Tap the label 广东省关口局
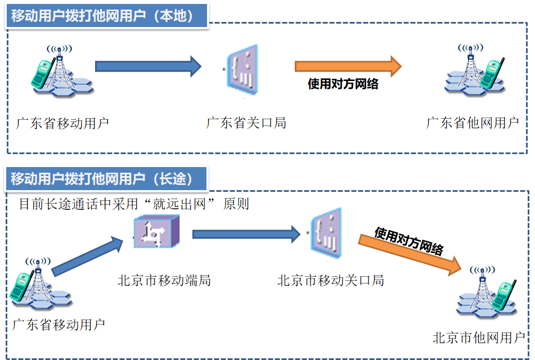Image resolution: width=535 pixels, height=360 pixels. click(246, 123)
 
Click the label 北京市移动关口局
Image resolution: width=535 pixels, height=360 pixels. click(331, 280)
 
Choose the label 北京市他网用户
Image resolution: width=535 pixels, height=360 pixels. click(479, 337)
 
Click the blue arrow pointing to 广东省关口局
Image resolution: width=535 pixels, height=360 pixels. click(147, 66)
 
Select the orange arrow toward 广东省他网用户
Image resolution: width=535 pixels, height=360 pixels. click(348, 66)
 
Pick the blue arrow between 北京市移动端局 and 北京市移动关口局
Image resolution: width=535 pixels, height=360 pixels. click(246, 233)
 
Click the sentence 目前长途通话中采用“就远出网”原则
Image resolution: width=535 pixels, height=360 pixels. click(134, 204)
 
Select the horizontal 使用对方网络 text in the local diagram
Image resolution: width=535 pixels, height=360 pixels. click(343, 84)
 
